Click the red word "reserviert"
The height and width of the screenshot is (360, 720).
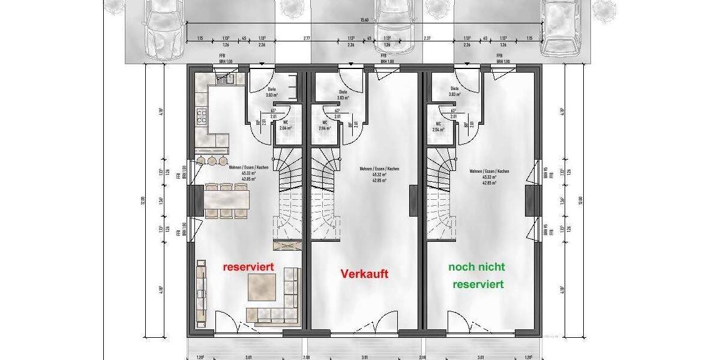coord(248,266)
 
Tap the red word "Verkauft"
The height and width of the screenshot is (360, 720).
coord(365,274)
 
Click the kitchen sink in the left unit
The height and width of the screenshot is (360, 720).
coord(226,78)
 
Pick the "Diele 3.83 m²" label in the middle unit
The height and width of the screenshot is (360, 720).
coord(343,94)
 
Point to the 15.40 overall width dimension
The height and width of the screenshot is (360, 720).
coord(364,20)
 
